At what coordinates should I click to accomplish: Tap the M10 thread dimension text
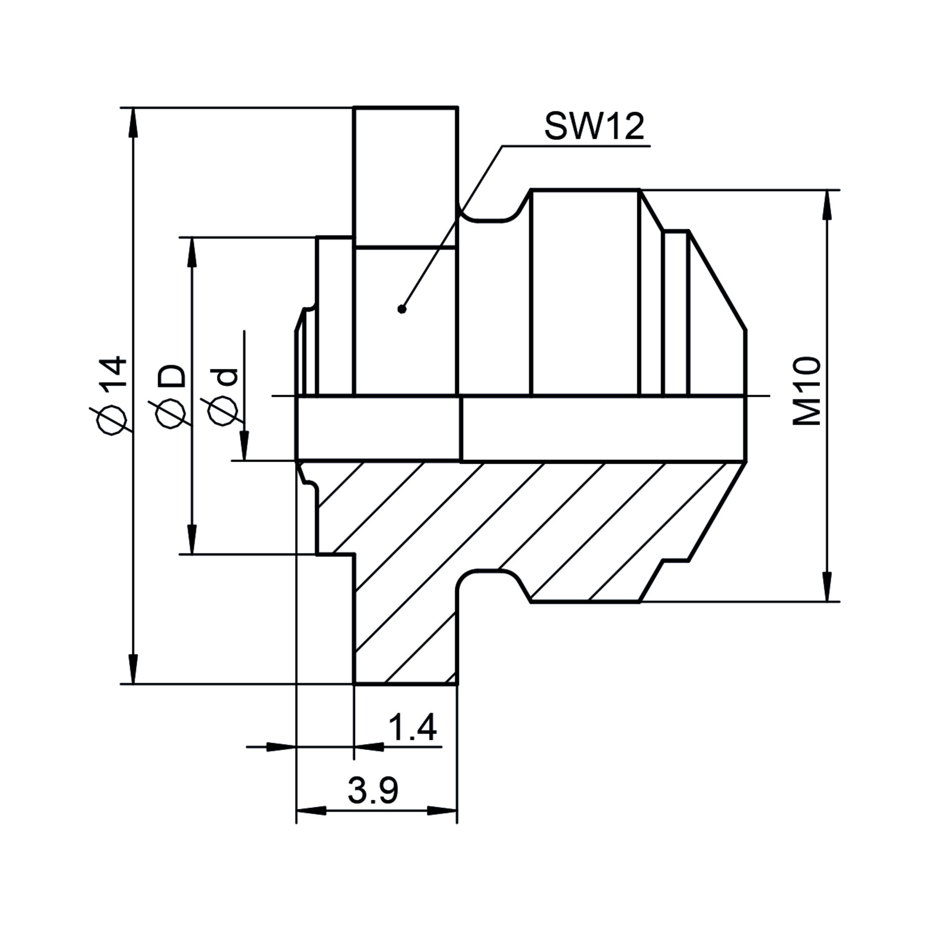tap(807, 391)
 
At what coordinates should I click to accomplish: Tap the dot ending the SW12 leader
tap(402, 309)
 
